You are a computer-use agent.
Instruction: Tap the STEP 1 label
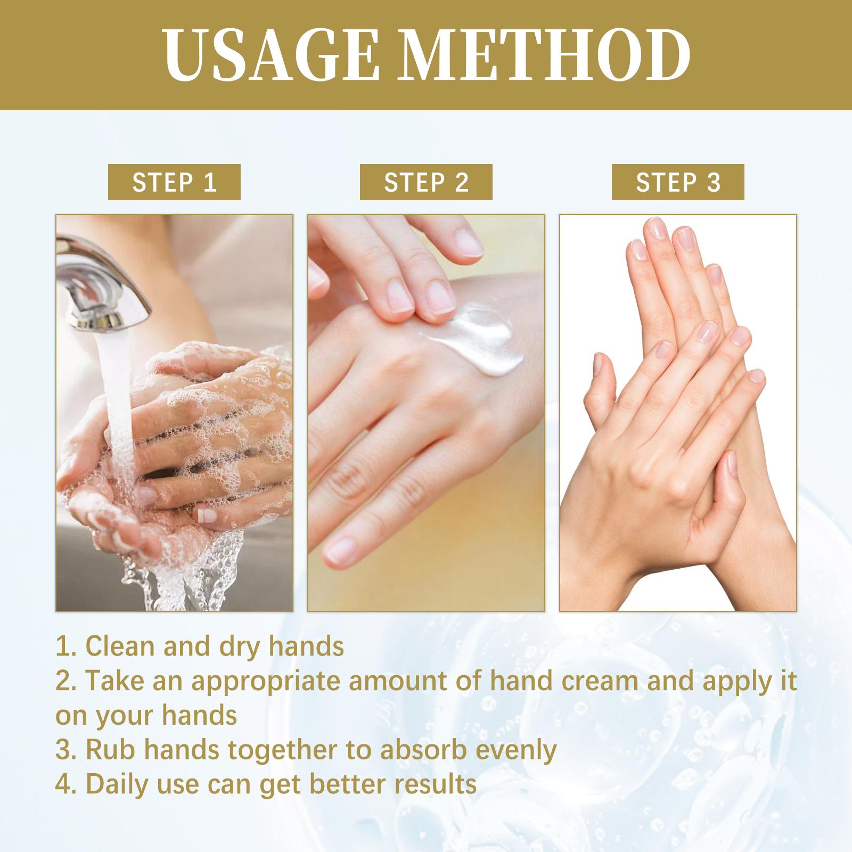[x=174, y=182]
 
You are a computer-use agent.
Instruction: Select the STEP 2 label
[x=426, y=182]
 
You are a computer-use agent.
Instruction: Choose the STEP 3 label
[x=678, y=182]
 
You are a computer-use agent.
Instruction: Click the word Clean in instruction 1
[x=120, y=646]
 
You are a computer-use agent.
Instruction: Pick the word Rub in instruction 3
[x=107, y=750]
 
